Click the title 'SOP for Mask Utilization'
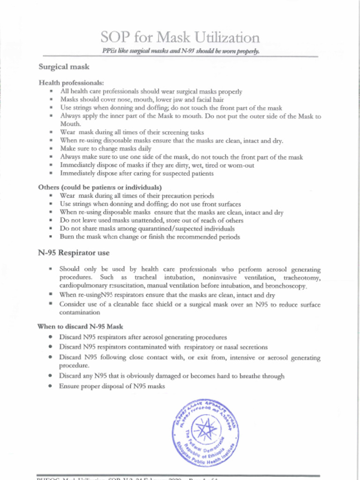point(180,37)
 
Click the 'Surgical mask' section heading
point(64,67)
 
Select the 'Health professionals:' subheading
point(71,83)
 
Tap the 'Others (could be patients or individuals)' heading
point(100,187)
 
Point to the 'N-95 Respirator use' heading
point(74,253)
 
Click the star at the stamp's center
point(206,428)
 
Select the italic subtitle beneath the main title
point(180,51)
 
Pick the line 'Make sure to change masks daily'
point(107,149)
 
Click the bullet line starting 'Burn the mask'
point(150,237)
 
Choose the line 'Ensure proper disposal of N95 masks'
point(112,386)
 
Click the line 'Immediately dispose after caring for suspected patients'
point(137,173)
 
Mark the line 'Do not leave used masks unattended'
point(151,220)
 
